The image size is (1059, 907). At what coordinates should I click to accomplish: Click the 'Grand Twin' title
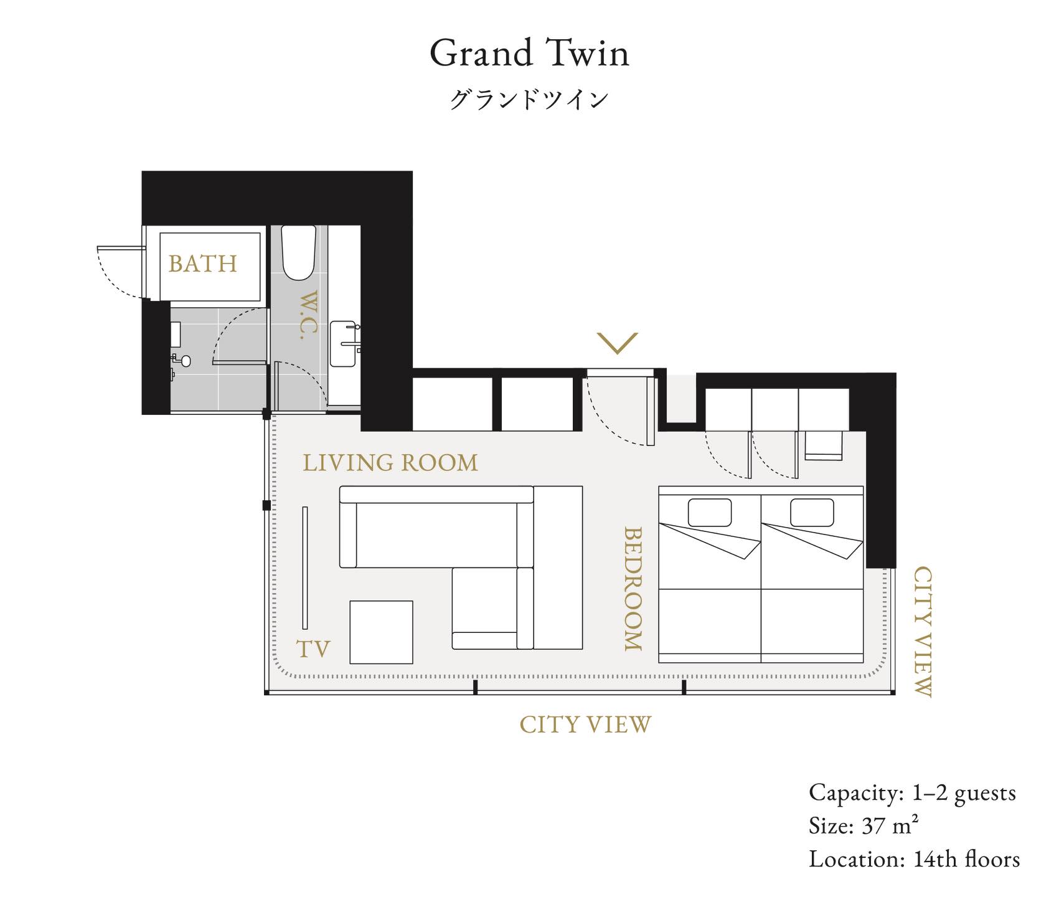click(x=529, y=53)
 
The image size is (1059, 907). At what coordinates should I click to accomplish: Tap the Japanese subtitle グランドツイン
click(x=529, y=100)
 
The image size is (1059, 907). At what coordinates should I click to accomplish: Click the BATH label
click(x=203, y=264)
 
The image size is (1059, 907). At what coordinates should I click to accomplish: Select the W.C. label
click(x=308, y=315)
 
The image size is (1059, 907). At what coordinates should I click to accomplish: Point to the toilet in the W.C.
click(x=298, y=252)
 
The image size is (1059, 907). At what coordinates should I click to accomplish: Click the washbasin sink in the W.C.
click(x=344, y=344)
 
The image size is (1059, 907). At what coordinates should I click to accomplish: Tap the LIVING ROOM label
click(x=390, y=463)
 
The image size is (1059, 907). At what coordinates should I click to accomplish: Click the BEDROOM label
click(x=633, y=589)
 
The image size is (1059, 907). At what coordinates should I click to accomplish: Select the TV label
click(x=313, y=649)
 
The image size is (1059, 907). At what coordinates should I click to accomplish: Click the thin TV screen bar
click(x=305, y=567)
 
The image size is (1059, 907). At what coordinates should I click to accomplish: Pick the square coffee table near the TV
click(x=381, y=632)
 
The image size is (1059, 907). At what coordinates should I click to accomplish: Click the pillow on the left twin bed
click(x=710, y=513)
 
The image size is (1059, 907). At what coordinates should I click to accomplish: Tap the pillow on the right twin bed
click(x=812, y=513)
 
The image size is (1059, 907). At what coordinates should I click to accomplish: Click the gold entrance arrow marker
click(x=618, y=343)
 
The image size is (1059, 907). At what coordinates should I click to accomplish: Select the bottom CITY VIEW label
click(x=585, y=724)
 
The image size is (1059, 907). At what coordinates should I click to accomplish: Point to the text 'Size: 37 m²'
click(x=864, y=826)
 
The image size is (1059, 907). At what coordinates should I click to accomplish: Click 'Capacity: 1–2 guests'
click(x=912, y=793)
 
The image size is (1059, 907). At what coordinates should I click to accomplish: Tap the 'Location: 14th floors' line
click(x=914, y=859)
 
